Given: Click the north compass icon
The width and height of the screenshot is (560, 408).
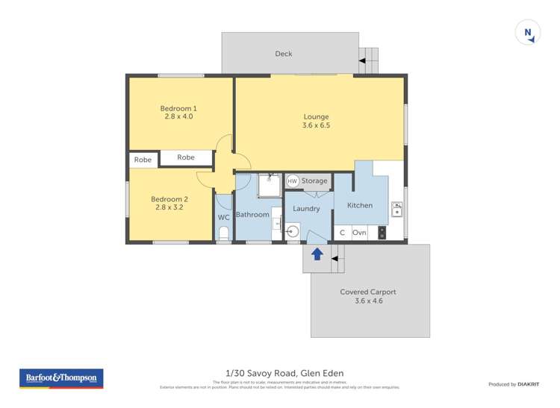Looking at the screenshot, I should [528, 33].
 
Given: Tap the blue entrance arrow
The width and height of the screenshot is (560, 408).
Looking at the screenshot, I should [317, 254].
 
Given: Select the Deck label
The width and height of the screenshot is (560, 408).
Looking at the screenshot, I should [284, 54].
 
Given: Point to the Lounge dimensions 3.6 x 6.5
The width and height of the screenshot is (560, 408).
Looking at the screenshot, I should [316, 126].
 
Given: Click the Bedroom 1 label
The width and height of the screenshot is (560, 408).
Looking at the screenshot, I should [179, 108].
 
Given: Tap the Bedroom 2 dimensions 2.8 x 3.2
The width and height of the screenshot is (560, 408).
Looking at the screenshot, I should [169, 207].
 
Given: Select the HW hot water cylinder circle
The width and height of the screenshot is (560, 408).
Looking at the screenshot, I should [292, 181].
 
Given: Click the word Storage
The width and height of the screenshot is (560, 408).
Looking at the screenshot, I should [314, 181].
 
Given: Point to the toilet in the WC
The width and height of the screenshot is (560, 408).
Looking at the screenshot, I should [223, 234].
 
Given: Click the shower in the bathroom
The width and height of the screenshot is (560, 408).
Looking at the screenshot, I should [270, 186].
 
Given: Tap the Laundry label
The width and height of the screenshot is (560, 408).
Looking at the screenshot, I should [306, 209].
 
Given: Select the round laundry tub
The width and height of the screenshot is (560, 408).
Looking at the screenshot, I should [293, 232].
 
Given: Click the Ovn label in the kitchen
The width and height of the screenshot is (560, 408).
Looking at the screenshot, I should [359, 233].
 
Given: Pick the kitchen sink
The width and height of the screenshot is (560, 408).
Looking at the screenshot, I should [397, 210].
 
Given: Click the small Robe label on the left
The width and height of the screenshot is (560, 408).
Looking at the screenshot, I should [143, 160].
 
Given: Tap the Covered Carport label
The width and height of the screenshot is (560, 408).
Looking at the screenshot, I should [367, 292].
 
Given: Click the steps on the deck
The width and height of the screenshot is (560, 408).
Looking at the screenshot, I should [369, 59].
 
